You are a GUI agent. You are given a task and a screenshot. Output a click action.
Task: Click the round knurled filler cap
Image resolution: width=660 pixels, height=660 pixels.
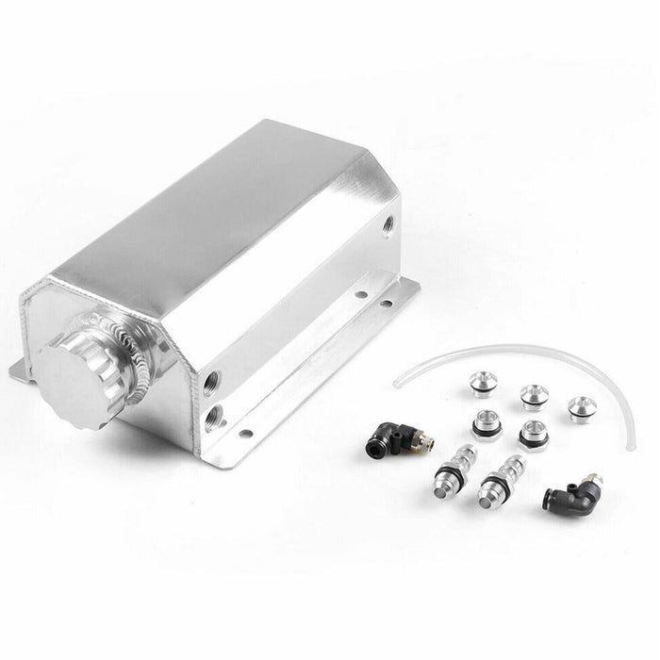click(78, 373)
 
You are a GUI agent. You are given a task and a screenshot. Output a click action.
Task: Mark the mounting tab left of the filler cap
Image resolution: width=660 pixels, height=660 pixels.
click(21, 369)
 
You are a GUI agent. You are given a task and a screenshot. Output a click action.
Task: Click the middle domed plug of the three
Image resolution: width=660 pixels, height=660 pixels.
click(534, 395)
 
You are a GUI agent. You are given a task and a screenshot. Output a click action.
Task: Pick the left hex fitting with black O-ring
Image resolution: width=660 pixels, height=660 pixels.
click(487, 423)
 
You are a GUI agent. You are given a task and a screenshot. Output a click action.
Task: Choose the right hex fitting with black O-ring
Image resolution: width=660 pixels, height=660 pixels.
click(534, 435)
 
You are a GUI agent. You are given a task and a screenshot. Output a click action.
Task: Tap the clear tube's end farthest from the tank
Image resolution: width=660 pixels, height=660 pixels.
click(630, 446)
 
